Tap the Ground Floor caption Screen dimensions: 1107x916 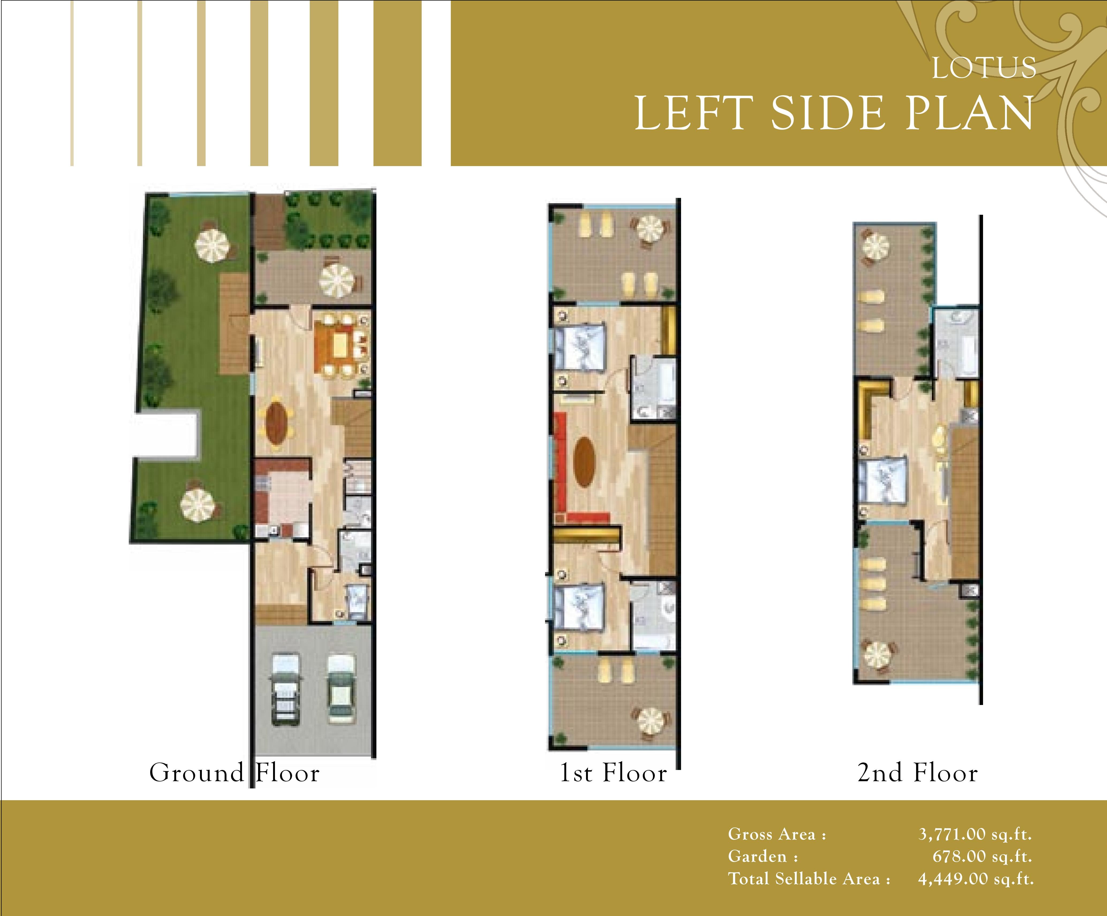pyautogui.click(x=235, y=773)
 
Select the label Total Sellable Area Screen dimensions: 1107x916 pyautogui.click(x=809, y=879)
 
